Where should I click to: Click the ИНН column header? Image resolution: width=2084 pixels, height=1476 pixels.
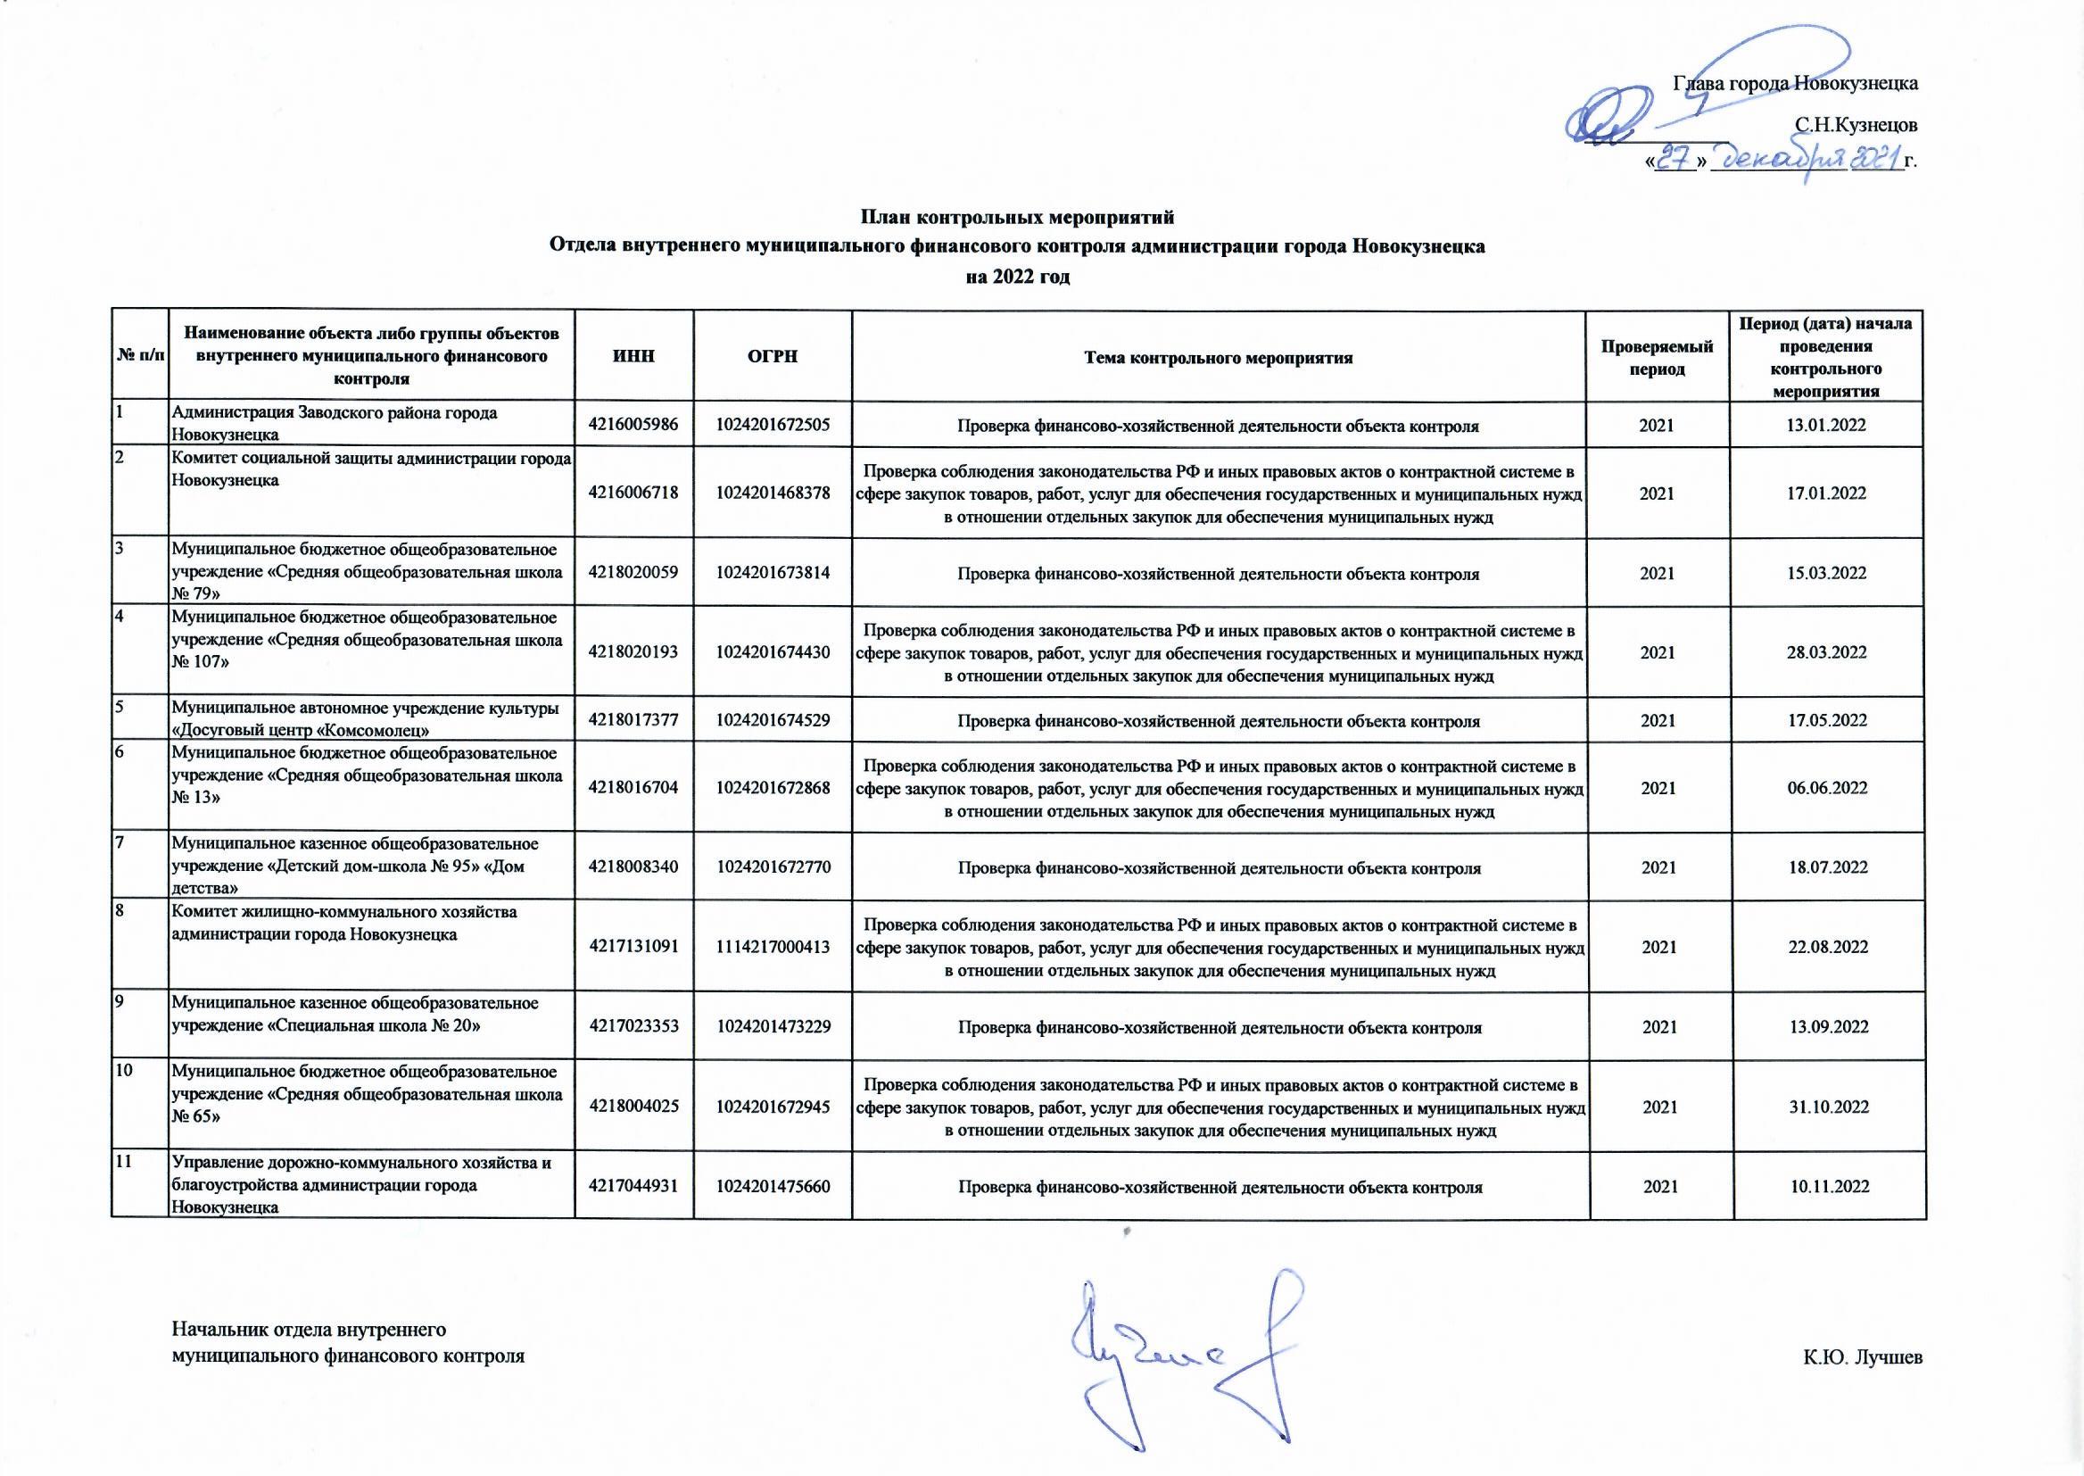(633, 356)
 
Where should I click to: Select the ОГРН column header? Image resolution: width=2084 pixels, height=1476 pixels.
(772, 356)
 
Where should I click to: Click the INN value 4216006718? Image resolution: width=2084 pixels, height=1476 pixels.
(633, 493)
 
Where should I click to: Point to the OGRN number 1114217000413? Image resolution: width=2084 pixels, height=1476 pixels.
(773, 947)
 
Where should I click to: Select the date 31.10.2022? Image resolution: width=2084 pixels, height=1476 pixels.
(1828, 1107)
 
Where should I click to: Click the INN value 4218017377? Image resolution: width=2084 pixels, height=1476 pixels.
(633, 721)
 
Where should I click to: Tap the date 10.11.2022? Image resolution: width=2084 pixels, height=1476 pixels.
(1829, 1187)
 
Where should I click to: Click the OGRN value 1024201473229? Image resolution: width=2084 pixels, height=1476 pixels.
(773, 1027)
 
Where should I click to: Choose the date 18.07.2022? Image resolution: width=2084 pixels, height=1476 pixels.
(1827, 867)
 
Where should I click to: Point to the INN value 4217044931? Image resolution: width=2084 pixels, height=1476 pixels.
(633, 1187)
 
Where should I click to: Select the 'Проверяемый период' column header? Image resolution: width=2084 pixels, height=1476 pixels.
(1657, 357)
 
